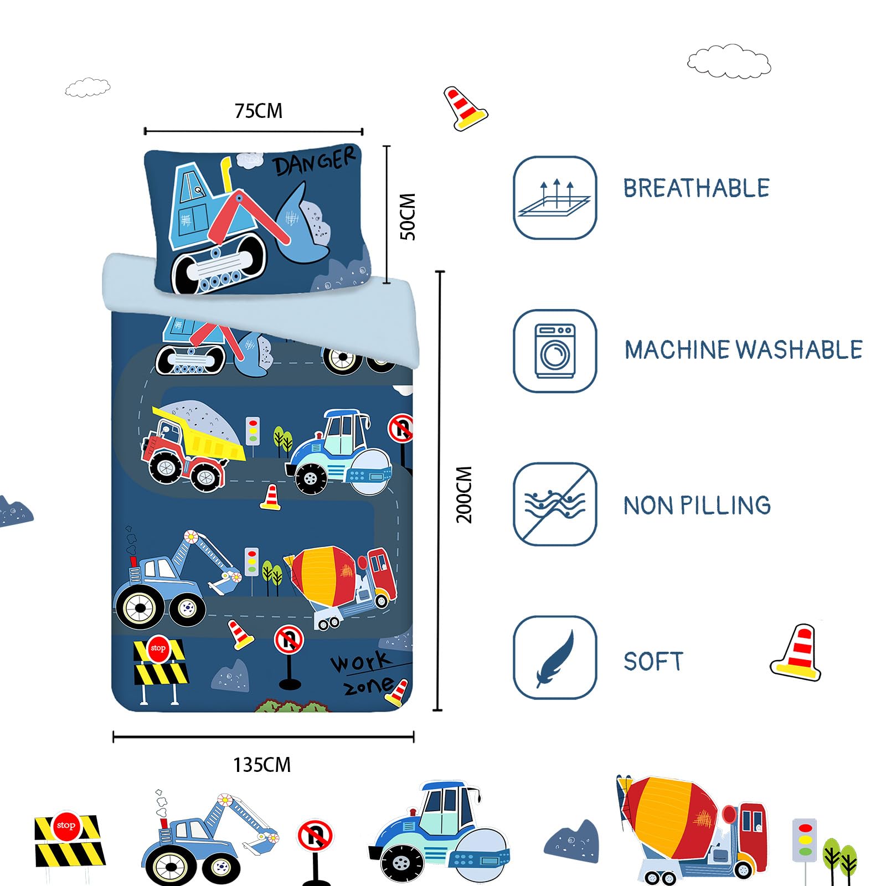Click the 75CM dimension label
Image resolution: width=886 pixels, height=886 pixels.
pos(259,111)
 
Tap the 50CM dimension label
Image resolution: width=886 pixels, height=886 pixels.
pos(408,217)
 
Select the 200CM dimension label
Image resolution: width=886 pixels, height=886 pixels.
pos(464,494)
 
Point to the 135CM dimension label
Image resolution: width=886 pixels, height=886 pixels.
pos(262,765)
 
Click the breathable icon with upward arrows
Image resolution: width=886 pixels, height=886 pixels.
pos(554,198)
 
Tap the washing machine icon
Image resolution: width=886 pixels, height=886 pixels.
pos(554,351)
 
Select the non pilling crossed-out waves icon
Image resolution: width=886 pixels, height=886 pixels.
pos(554,504)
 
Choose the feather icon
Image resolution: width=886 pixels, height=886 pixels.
pos(554,657)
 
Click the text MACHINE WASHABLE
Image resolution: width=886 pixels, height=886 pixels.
pos(744,350)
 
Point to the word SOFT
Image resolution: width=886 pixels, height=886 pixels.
pos(653,662)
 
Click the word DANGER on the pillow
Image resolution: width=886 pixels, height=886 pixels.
pos(314,161)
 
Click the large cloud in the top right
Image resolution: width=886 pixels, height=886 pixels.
pos(729,61)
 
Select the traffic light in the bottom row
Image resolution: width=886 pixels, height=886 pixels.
pos(805,839)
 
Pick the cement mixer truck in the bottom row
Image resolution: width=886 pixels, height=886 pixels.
pos(692,829)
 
